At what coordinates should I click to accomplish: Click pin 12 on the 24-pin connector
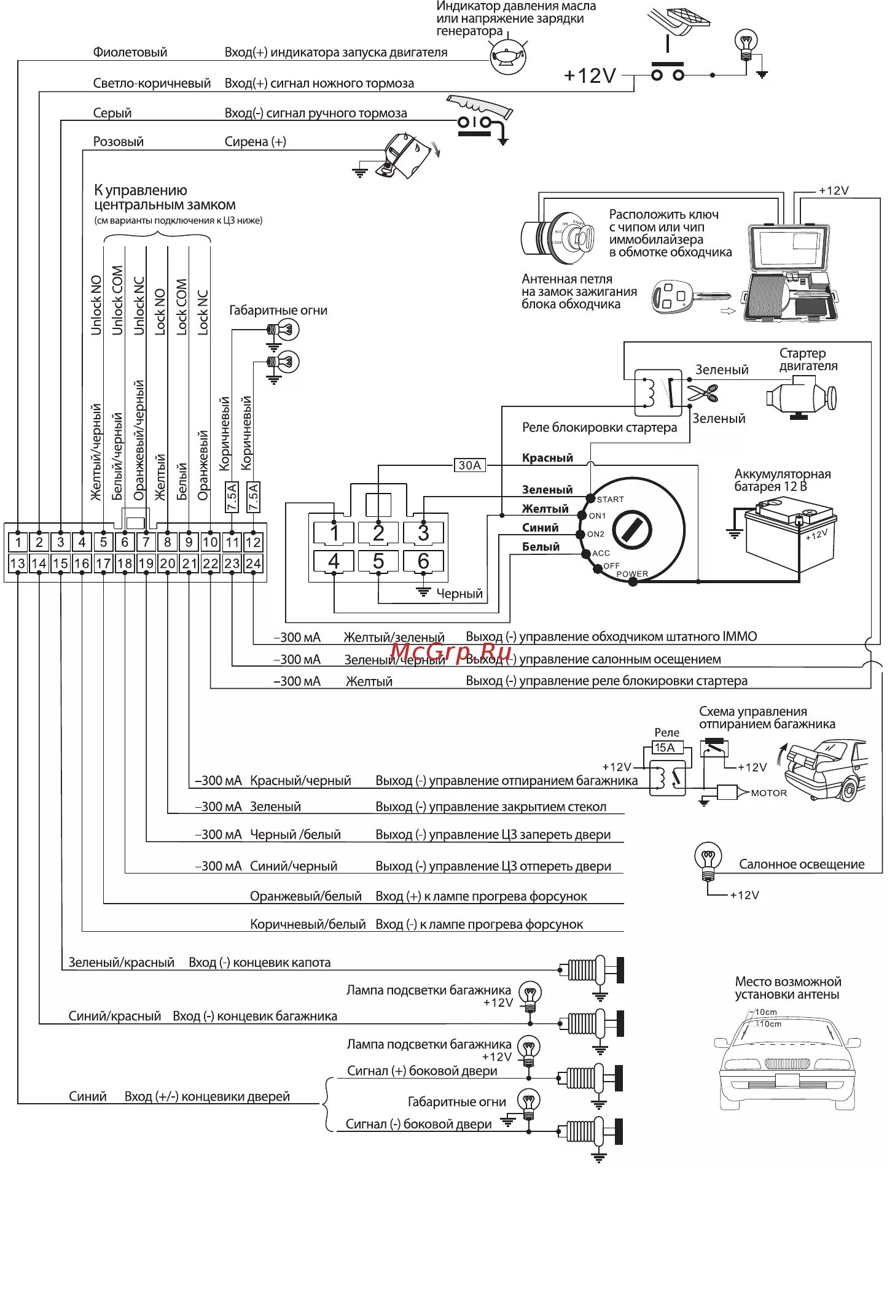click(253, 542)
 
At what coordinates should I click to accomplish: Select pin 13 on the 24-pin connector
click(18, 564)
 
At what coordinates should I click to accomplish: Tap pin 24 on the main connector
click(253, 564)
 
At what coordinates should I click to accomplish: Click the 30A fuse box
click(469, 465)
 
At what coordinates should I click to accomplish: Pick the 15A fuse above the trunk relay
click(665, 748)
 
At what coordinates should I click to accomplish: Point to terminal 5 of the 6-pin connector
click(378, 561)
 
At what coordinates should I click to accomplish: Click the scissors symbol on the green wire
click(703, 392)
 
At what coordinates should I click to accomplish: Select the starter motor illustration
click(800, 397)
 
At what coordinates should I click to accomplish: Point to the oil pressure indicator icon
click(508, 57)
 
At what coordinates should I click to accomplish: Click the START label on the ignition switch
click(610, 500)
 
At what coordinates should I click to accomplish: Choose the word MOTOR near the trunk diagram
click(768, 793)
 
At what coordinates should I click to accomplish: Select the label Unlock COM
click(117, 301)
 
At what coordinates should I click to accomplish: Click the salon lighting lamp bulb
click(708, 858)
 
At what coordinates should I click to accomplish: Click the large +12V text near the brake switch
click(590, 76)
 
